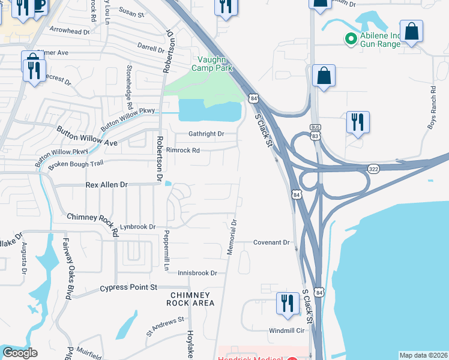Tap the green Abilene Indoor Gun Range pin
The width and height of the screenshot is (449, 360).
click(351, 39)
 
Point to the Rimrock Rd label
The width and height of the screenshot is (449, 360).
click(183, 151)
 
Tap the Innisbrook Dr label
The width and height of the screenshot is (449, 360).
click(197, 273)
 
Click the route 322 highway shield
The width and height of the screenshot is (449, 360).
click(373, 170)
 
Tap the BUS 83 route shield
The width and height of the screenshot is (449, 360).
click(315, 131)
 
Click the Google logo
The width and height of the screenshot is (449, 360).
click(20, 353)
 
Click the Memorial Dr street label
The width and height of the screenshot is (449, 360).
click(232, 236)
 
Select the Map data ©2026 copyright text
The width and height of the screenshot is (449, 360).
click(423, 355)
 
